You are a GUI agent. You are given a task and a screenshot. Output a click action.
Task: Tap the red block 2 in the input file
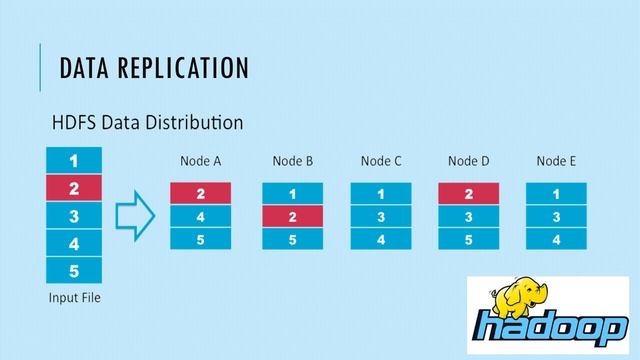[x=73, y=187]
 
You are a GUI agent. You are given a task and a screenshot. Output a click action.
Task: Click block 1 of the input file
[x=73, y=159]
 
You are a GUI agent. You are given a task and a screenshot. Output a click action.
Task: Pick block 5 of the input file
[x=73, y=270]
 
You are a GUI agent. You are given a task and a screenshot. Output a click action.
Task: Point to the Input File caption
[x=73, y=298]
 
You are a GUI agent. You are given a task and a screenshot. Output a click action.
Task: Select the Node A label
[x=200, y=161]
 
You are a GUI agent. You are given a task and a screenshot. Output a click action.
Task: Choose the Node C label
[x=381, y=161]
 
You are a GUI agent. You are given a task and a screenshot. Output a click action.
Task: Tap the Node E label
[x=556, y=161]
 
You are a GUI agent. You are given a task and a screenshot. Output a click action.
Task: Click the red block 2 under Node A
[x=200, y=193]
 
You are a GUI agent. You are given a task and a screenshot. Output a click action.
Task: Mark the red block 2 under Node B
[x=293, y=216]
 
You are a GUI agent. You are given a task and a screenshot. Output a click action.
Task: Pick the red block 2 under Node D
[x=468, y=193]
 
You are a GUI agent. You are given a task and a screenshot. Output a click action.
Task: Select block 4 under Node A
[x=200, y=216]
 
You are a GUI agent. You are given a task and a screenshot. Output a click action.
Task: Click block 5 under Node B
[x=293, y=239]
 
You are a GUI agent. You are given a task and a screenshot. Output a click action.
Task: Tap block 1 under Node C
[x=381, y=193]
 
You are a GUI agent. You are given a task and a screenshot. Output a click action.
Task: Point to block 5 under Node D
[x=468, y=239]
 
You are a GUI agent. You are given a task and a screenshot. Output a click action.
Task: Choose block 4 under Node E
[x=556, y=239]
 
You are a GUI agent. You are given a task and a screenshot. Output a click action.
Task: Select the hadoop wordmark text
[x=545, y=329]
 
